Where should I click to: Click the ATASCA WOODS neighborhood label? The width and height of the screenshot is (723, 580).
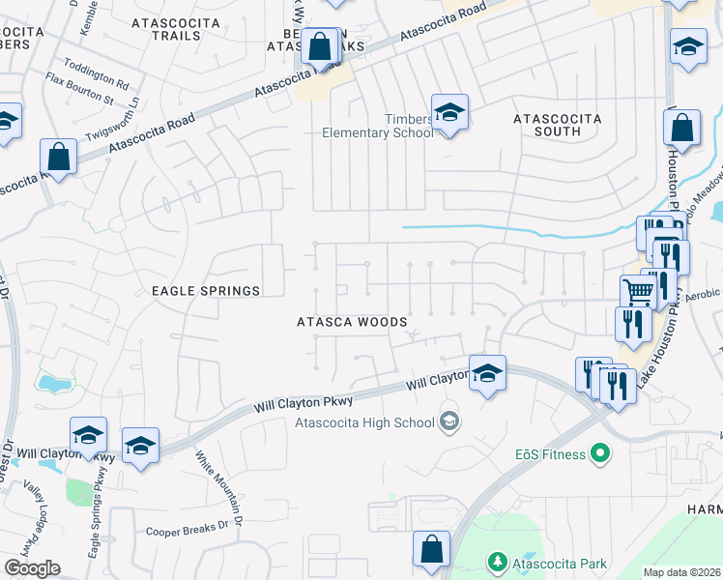coord(351,322)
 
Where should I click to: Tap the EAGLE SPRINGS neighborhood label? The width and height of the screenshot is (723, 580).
coord(205,291)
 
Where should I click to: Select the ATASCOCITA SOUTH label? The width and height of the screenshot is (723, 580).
coord(557,125)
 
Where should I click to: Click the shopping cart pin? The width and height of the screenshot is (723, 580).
coord(637,292)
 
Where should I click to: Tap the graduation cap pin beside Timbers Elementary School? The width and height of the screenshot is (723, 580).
coord(449,113)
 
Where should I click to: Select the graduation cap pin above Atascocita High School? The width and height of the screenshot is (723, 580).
coord(487,373)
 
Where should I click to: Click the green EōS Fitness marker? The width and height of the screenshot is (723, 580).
coord(599,452)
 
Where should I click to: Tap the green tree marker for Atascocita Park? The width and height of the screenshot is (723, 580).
coord(497,562)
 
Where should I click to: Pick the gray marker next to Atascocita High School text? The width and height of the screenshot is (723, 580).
coord(448,421)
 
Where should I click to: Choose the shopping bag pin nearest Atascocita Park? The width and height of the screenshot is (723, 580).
coord(431,548)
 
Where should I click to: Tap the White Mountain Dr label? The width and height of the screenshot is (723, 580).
coord(217,482)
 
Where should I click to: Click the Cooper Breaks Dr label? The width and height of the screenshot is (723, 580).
coord(186,530)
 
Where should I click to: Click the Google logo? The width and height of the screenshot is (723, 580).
coord(32,568)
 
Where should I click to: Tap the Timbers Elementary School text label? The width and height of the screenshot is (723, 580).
coord(377,125)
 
